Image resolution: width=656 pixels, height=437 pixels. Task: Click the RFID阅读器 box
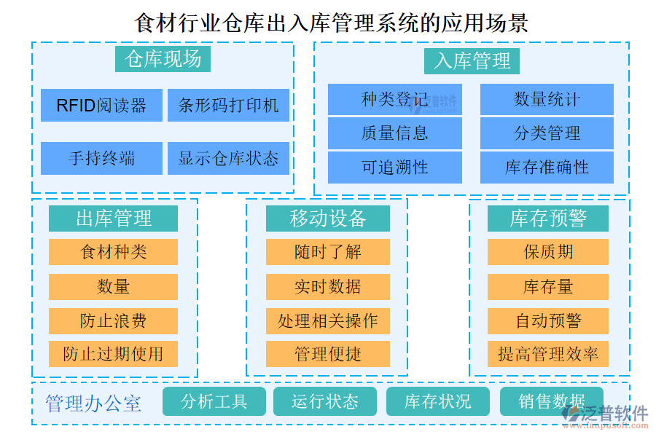(101, 106)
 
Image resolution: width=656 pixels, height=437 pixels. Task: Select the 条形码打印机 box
(228, 106)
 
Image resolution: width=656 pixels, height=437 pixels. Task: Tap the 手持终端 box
(101, 158)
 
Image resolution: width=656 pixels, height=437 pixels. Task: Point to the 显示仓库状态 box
(228, 158)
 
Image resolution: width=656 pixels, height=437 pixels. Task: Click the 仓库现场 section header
(163, 58)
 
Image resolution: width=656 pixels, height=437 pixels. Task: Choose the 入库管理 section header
(472, 60)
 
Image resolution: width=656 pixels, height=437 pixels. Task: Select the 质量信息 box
(394, 133)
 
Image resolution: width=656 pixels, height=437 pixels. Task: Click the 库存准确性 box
(547, 168)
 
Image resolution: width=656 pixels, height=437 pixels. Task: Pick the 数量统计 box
(547, 99)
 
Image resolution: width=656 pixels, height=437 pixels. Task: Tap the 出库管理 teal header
(113, 218)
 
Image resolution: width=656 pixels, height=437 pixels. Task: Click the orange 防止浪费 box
(113, 320)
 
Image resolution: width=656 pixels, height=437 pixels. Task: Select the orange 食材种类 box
(113, 252)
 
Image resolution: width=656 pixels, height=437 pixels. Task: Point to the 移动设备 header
(327, 218)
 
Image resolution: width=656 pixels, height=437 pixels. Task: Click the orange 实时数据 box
(327, 286)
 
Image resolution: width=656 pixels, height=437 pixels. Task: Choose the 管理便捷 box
(327, 355)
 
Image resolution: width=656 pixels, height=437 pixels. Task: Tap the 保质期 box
(548, 252)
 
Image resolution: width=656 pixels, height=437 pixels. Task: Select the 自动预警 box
(548, 320)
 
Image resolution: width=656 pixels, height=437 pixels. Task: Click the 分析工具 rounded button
(214, 401)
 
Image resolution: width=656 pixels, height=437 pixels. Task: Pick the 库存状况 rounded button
(437, 401)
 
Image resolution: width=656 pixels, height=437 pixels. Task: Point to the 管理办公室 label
(93, 403)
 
